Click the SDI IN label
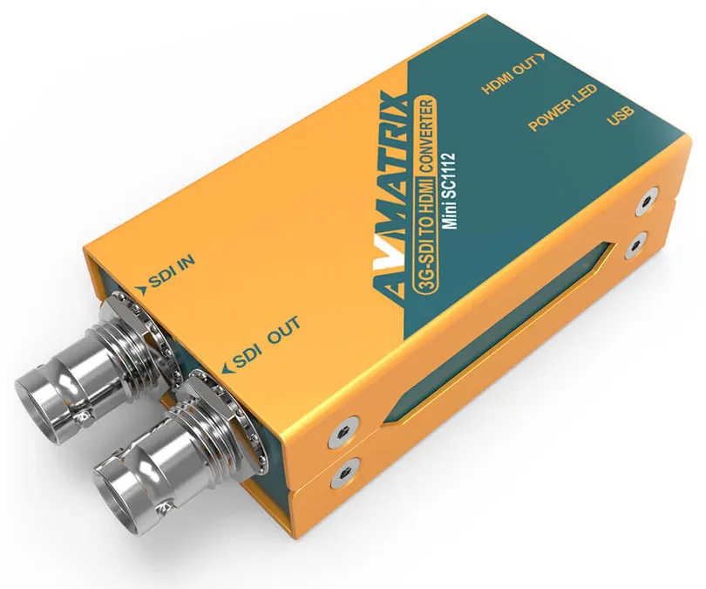172,272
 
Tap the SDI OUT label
267,343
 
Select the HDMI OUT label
510,74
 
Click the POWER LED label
562,107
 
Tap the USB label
620,115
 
